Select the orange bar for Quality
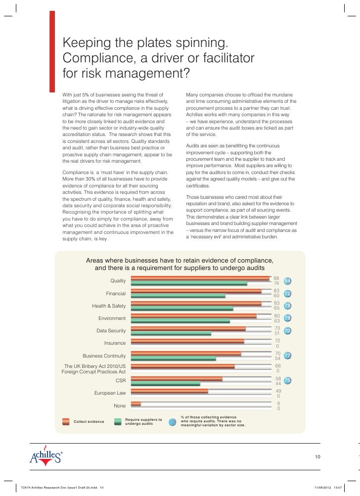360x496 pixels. [x=200, y=278]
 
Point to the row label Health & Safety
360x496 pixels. [x=109, y=306]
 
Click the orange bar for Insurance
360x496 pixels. [x=187, y=341]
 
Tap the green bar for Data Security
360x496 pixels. [x=171, y=333]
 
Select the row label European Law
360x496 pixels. [x=110, y=393]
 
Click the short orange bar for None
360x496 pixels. [x=135, y=404]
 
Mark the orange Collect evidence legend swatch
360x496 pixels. [x=66, y=421]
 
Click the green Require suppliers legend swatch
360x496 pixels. [x=118, y=421]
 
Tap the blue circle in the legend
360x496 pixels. [x=173, y=422]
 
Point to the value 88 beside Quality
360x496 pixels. [x=276, y=278]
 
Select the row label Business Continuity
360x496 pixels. [x=104, y=356]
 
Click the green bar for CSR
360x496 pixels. [x=165, y=383]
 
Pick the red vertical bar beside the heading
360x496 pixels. [x=52, y=52]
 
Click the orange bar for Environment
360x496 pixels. [x=194, y=316]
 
